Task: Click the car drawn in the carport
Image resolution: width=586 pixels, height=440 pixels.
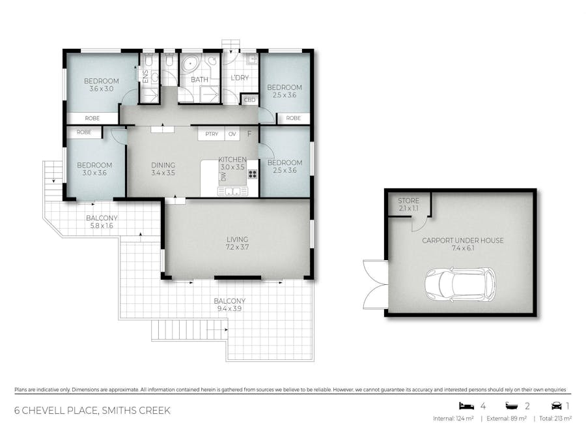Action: tap(460, 284)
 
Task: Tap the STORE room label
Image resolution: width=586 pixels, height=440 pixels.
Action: tap(409, 201)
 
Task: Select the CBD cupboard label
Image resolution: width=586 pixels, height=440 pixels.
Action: tap(249, 100)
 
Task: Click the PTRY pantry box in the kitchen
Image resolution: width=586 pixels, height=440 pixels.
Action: tap(212, 134)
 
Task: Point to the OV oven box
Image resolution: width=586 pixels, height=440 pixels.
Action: tap(232, 134)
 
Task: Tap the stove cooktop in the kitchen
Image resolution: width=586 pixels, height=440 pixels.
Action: tap(252, 174)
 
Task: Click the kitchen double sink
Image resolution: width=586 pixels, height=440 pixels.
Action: tap(232, 191)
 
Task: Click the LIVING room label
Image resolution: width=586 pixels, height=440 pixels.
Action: tap(237, 239)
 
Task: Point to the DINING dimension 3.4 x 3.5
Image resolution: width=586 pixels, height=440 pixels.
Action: tap(163, 173)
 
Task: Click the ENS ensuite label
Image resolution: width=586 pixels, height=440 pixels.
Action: tap(145, 76)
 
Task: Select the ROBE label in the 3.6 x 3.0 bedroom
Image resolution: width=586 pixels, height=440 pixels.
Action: tap(92, 118)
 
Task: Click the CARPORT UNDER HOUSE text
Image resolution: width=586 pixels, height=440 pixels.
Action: tap(462, 241)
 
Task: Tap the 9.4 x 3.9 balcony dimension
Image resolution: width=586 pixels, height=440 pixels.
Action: tap(229, 309)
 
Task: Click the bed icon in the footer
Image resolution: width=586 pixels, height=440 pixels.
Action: tap(464, 405)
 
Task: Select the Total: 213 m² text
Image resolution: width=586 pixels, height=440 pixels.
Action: tap(555, 418)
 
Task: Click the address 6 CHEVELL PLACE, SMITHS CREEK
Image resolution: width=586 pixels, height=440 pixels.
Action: tap(92, 411)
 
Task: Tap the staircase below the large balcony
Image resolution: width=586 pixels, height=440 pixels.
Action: tap(189, 330)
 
